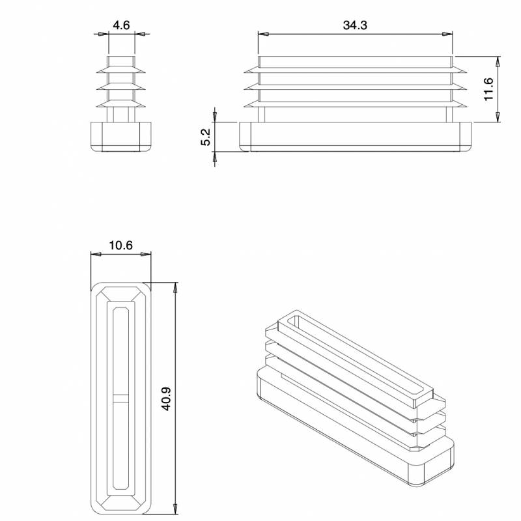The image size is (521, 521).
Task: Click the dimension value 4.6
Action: (121, 25)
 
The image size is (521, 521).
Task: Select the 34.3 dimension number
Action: (355, 25)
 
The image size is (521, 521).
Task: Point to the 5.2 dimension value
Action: (205, 137)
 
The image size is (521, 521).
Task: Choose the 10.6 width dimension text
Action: (121, 246)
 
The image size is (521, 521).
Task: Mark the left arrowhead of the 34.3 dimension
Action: (260, 34)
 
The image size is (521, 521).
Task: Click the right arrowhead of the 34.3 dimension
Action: (449, 34)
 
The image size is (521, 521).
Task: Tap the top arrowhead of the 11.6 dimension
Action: (498, 61)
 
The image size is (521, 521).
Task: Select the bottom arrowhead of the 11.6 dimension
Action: (498, 118)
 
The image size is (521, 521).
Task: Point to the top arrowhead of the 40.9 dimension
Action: (175, 286)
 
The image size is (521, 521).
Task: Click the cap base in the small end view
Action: (121, 136)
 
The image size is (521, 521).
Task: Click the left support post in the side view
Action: (262, 115)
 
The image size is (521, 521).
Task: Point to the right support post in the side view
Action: (449, 115)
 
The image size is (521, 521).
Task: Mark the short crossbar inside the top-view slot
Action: (121, 398)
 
